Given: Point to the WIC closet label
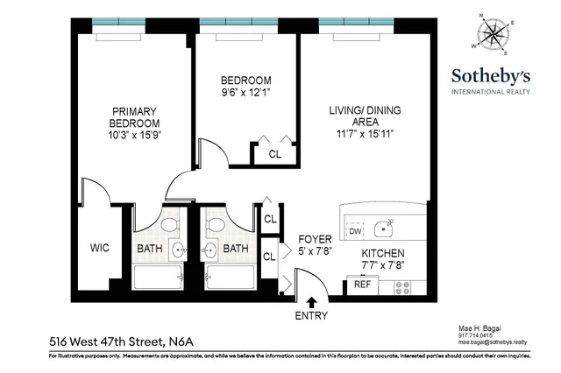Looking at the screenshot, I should (99, 249).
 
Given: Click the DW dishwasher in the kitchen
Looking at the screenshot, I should (355, 231).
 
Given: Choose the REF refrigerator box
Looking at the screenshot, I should (360, 284).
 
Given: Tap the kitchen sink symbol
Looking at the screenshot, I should (383, 229).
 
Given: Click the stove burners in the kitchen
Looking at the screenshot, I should (402, 285).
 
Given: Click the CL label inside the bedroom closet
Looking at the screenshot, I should (273, 154).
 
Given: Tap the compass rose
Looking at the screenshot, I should (495, 33).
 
